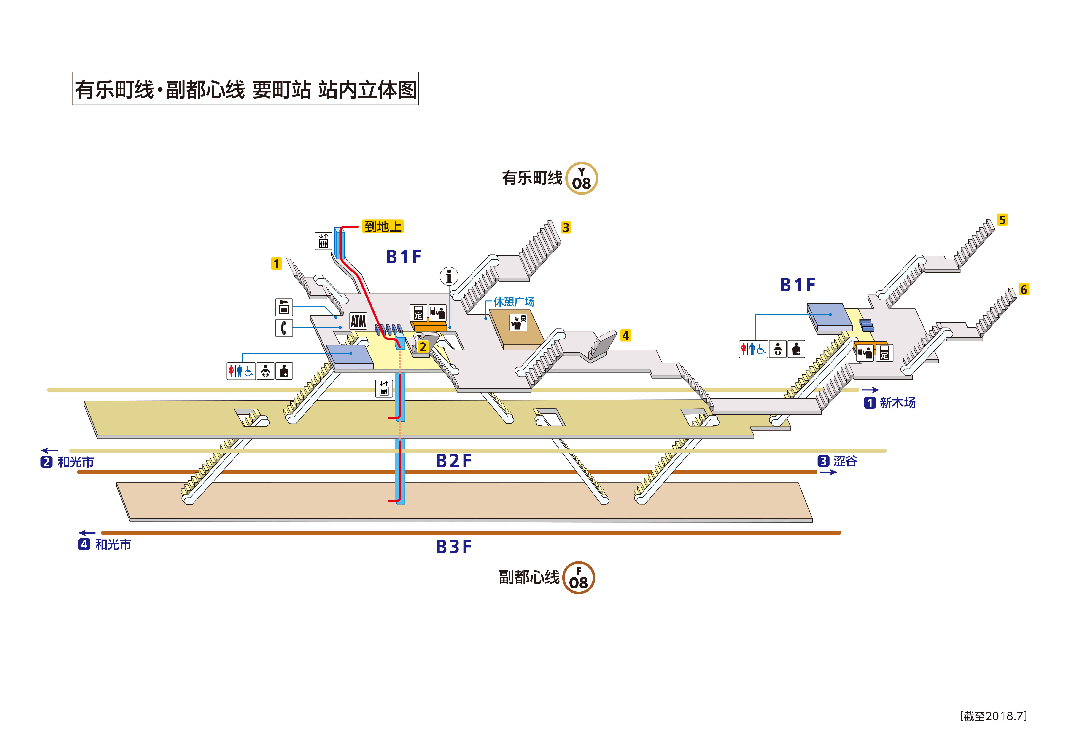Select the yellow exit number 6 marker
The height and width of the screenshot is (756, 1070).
tap(1023, 289)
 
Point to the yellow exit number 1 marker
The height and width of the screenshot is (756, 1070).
tap(276, 264)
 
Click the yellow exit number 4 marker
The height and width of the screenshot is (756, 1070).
tap(625, 335)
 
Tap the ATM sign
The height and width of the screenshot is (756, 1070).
tap(358, 321)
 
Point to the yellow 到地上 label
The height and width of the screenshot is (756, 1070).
tap(383, 227)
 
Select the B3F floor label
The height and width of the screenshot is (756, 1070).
tap(453, 547)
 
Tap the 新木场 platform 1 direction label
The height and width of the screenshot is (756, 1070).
tap(890, 402)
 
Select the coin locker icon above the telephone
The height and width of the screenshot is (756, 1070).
tap(284, 307)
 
